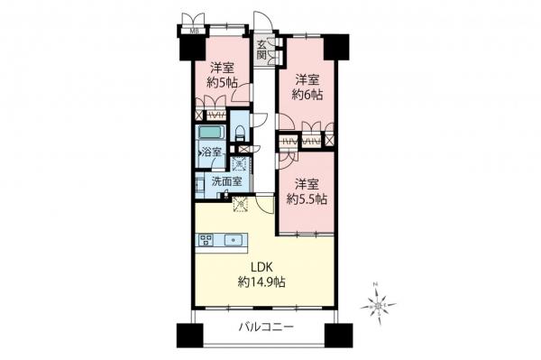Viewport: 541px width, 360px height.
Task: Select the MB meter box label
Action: [194, 27]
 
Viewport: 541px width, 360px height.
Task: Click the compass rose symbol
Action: [380, 306]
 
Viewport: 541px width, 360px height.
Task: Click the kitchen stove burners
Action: [206, 240]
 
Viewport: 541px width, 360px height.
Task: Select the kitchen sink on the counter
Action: [234, 240]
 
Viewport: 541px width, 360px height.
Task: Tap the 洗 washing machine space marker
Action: [240, 164]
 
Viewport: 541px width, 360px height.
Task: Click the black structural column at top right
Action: [335, 45]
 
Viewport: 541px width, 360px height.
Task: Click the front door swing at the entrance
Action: [262, 23]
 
